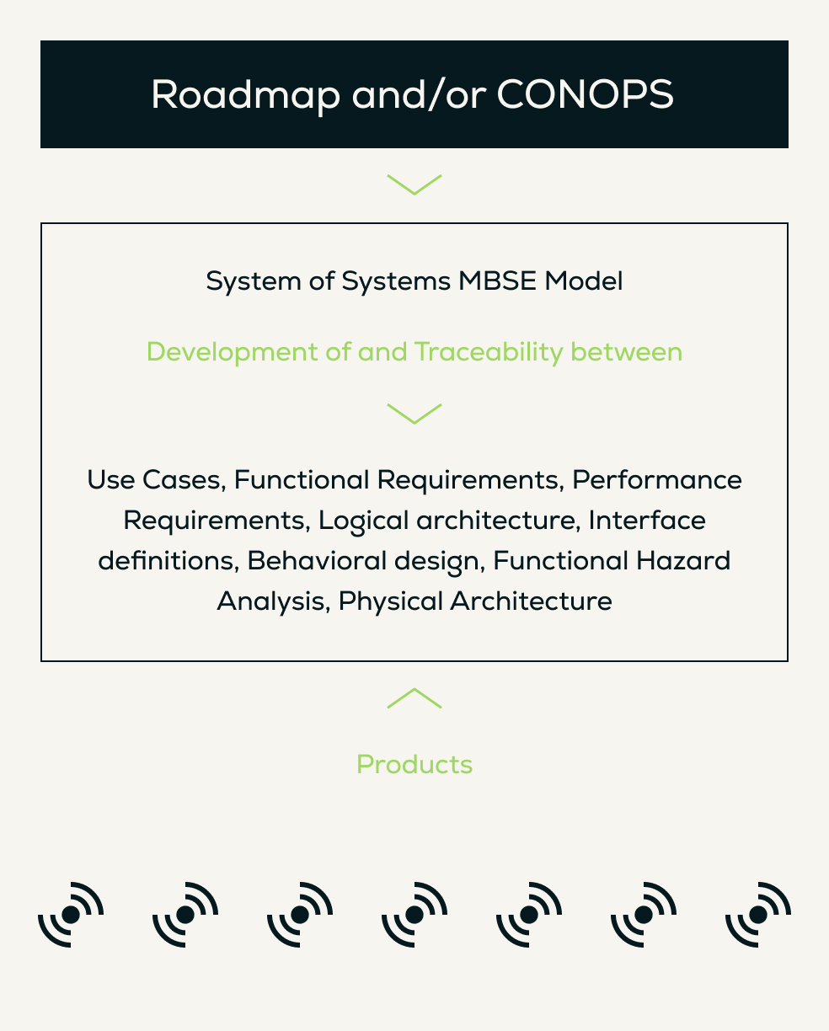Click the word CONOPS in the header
pyautogui.click(x=585, y=95)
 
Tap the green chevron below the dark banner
pyautogui.click(x=414, y=184)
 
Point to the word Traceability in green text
pyautogui.click(x=489, y=351)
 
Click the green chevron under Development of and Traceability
pyautogui.click(x=414, y=414)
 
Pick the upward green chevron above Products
pyautogui.click(x=414, y=698)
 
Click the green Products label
pyautogui.click(x=414, y=765)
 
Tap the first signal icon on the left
pyautogui.click(x=71, y=914)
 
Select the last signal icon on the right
pyautogui.click(x=758, y=914)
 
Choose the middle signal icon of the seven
pyautogui.click(x=414, y=914)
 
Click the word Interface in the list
pyautogui.click(x=647, y=521)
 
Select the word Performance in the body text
pyautogui.click(x=657, y=480)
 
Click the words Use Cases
pyautogui.click(x=155, y=480)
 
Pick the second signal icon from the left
pyautogui.click(x=185, y=914)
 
